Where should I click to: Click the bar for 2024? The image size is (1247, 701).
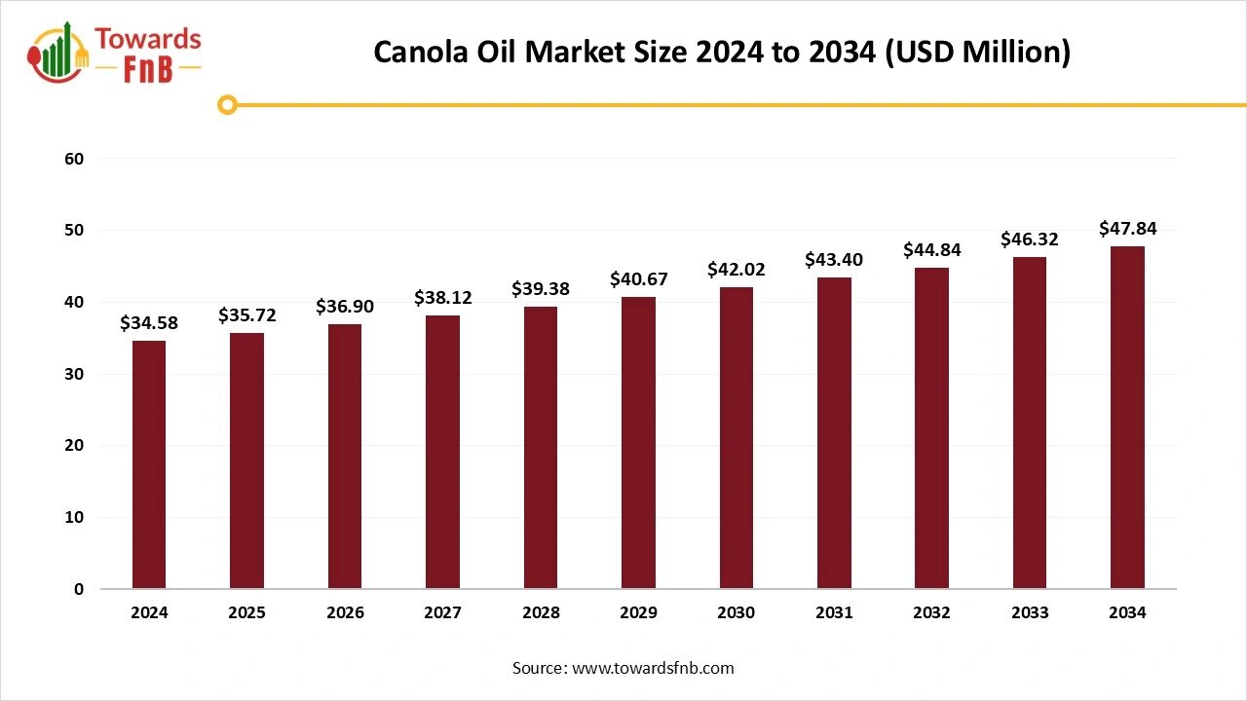[x=149, y=465]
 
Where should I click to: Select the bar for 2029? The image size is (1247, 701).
[x=638, y=443]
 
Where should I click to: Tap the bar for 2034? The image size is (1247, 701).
[x=1127, y=418]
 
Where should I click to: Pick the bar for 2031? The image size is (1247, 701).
[x=834, y=433]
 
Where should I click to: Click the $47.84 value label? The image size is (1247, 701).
[x=1127, y=229]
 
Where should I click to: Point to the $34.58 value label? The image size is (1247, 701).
[x=149, y=323]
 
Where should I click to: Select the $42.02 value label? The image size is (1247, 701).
[x=736, y=270]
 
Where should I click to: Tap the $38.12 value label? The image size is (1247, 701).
[x=442, y=298]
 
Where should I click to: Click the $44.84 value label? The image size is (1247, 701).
[x=931, y=250]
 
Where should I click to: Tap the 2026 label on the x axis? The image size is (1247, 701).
[x=345, y=613]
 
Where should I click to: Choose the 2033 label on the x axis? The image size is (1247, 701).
[x=1030, y=613]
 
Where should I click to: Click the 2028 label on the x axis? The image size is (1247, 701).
[x=541, y=613]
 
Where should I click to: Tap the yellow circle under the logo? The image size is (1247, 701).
[x=227, y=104]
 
